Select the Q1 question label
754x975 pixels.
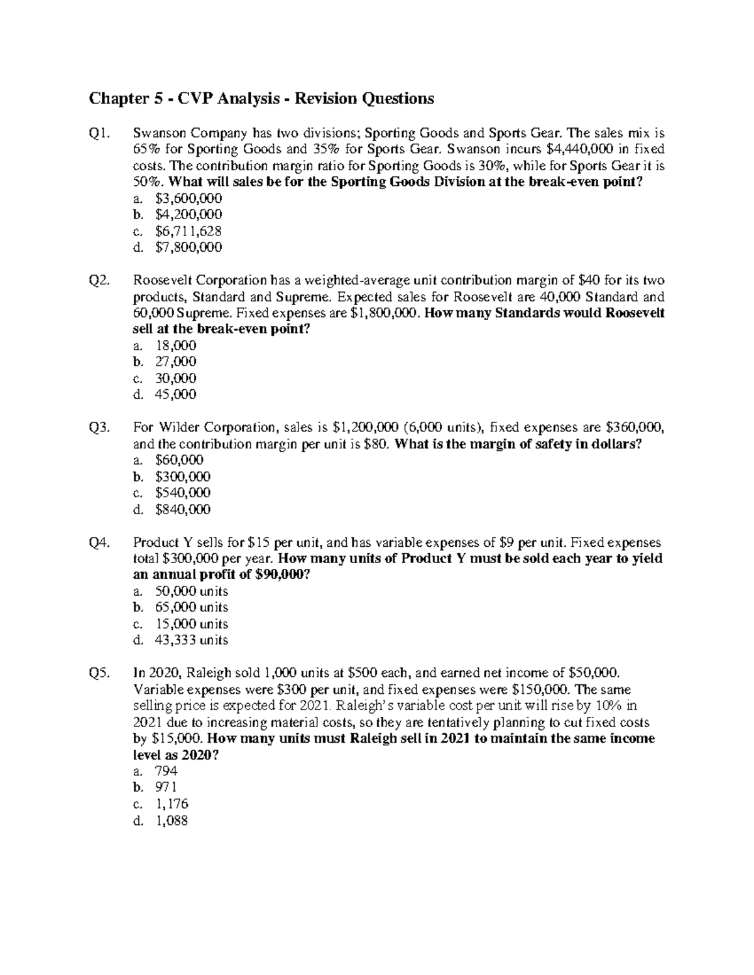pyautogui.click(x=100, y=133)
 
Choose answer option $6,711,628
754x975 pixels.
pyautogui.click(x=188, y=231)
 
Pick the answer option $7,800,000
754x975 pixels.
pyautogui.click(x=188, y=247)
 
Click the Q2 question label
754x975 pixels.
pyautogui.click(x=100, y=280)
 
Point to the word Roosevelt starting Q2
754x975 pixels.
pyautogui.click(x=163, y=280)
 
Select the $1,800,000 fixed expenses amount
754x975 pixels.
pyautogui.click(x=383, y=313)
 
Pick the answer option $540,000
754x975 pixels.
pyautogui.click(x=182, y=493)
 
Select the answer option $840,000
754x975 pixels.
pyautogui.click(x=182, y=509)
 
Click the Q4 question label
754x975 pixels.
pyautogui.click(x=100, y=542)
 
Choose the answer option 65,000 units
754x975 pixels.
pyautogui.click(x=191, y=607)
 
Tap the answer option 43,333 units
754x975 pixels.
pyautogui.click(x=191, y=640)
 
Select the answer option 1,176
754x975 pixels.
pyautogui.click(x=171, y=804)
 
